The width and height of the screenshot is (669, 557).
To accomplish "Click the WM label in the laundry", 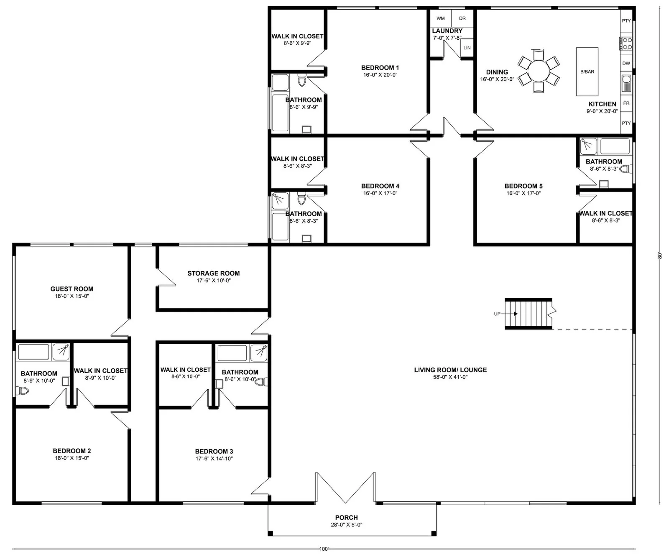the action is pyautogui.click(x=441, y=18).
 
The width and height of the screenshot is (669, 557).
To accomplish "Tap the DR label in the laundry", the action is pyautogui.click(x=462, y=18).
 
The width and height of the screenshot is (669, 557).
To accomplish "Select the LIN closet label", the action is pyautogui.click(x=467, y=48).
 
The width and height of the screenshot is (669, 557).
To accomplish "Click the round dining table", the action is pyautogui.click(x=539, y=71).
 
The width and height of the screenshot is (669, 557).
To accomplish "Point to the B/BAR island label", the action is pyautogui.click(x=587, y=72).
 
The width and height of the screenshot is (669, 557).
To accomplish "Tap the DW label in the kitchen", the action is pyautogui.click(x=626, y=64).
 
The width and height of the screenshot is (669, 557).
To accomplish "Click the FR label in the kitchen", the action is pyautogui.click(x=626, y=103).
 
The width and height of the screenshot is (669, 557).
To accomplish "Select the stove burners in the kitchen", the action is pyautogui.click(x=626, y=43).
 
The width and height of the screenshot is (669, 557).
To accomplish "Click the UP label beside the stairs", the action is pyautogui.click(x=497, y=314).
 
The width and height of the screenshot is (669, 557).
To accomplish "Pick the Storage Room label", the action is pyautogui.click(x=214, y=273).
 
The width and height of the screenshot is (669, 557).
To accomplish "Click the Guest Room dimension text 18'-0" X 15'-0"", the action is pyautogui.click(x=72, y=296).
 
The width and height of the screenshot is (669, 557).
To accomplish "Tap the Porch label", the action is pyautogui.click(x=347, y=518).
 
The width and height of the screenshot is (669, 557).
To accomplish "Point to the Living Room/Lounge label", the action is pyautogui.click(x=450, y=370).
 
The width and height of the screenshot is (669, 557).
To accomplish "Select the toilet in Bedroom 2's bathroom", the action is pyautogui.click(x=22, y=391).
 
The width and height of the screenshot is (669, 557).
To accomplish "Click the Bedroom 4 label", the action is pyautogui.click(x=380, y=186).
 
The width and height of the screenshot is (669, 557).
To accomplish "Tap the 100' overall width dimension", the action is pyautogui.click(x=324, y=549).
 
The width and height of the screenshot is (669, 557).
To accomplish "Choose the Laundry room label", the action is pyautogui.click(x=447, y=31).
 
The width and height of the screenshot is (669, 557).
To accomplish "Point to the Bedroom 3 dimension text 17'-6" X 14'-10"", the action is pyautogui.click(x=214, y=459).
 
